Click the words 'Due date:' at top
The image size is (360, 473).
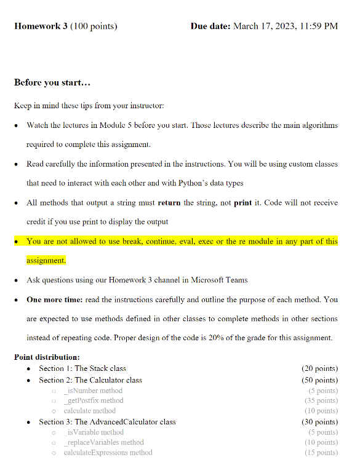(211, 26)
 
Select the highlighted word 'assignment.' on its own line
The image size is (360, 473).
(46, 260)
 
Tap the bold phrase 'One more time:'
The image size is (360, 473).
(55, 300)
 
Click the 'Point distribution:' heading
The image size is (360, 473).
(47, 357)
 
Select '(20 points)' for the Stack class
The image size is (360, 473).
(319, 368)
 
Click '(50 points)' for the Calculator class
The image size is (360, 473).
(319, 380)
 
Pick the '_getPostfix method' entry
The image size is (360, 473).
(94, 400)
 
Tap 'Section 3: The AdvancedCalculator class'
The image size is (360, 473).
(107, 422)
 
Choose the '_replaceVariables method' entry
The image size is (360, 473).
(103, 442)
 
